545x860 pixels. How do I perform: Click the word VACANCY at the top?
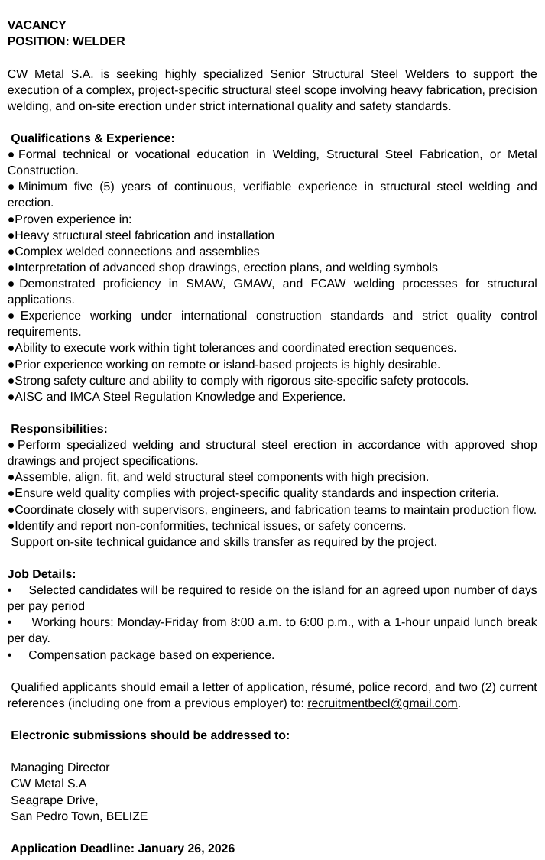(x=37, y=24)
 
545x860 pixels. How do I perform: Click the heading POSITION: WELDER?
(x=66, y=41)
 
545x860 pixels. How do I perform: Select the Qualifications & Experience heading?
(x=92, y=138)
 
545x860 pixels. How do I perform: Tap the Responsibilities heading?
(x=59, y=428)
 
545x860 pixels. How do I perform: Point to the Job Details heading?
(x=42, y=573)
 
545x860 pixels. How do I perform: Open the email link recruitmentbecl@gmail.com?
(x=382, y=703)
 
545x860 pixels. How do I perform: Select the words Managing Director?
(x=60, y=767)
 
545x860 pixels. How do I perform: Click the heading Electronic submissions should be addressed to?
(x=151, y=735)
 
